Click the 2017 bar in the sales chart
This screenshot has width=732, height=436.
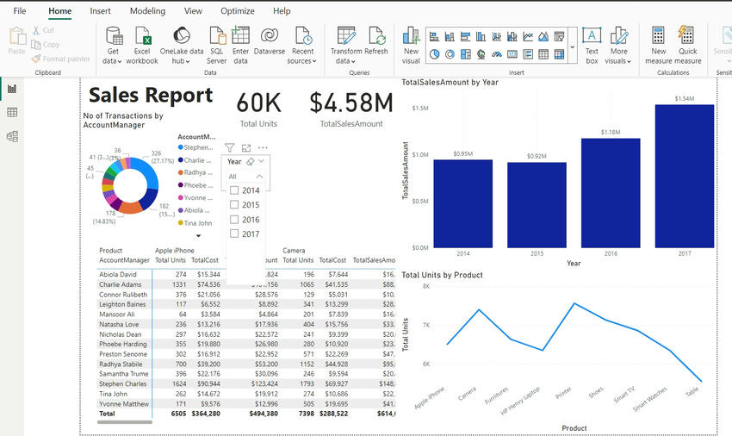click(x=685, y=176)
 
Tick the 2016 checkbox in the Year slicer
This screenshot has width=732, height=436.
click(x=234, y=220)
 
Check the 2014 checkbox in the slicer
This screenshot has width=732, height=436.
click(x=234, y=190)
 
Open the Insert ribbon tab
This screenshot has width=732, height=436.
click(x=100, y=11)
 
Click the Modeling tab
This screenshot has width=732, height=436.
click(x=147, y=11)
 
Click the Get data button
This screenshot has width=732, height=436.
click(x=113, y=45)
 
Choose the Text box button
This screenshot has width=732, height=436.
click(x=592, y=45)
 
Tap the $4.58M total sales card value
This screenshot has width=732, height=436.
click(x=351, y=103)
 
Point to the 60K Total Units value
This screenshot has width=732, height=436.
click(x=259, y=103)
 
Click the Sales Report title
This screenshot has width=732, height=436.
click(x=151, y=95)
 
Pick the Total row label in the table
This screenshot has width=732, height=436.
click(x=108, y=413)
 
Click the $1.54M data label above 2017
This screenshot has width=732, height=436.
click(x=684, y=98)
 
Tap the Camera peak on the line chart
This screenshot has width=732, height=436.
click(x=480, y=309)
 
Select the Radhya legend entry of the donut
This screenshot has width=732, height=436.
click(x=197, y=171)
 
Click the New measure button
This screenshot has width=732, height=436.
click(x=658, y=45)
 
